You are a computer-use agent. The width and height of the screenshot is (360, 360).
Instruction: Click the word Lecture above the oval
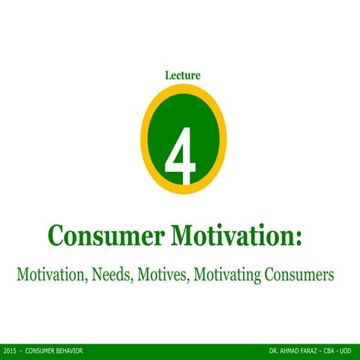pyautogui.click(x=182, y=74)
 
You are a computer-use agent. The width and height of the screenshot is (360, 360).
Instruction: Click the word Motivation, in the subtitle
pyautogui.click(x=51, y=275)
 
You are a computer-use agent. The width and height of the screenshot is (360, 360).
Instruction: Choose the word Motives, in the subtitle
pyautogui.click(x=163, y=275)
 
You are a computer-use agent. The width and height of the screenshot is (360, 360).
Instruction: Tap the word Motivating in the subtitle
pyautogui.click(x=229, y=275)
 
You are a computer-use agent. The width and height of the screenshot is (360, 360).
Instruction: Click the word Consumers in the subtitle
pyautogui.click(x=301, y=275)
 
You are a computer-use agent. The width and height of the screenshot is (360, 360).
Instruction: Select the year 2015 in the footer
pyautogui.click(x=10, y=352)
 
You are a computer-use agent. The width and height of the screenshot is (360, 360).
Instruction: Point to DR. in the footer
pyautogui.click(x=273, y=352)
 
